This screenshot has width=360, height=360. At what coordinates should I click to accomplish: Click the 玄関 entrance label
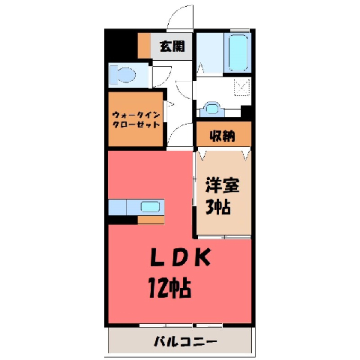point(172,46)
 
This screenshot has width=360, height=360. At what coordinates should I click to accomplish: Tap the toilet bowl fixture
point(126,74)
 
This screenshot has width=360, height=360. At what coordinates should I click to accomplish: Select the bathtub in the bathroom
point(238,52)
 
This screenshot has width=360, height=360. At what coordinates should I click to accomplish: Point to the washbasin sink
point(212,109)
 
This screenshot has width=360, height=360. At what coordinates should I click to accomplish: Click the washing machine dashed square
point(241,87)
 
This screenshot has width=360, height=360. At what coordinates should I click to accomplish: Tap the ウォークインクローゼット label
point(136,120)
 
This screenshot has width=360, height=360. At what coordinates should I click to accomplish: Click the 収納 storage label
point(222,136)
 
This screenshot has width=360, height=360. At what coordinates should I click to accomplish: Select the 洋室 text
point(222,185)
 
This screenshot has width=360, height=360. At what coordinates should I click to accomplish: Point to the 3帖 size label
point(218,207)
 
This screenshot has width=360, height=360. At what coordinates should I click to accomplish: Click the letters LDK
point(180,257)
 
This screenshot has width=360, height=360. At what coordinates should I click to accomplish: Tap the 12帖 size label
point(170,288)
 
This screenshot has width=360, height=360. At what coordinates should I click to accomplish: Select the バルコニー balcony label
point(185,341)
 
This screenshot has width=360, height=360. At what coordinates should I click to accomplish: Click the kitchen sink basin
point(150,207)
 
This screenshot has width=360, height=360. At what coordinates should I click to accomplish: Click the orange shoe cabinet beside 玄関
point(144,45)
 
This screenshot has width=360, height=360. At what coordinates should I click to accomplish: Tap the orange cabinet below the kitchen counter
point(151,220)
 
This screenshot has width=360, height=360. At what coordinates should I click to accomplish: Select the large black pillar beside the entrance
point(121,45)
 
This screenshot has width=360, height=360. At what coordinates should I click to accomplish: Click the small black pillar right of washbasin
point(246,112)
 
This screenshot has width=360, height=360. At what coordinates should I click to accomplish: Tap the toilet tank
point(113,74)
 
